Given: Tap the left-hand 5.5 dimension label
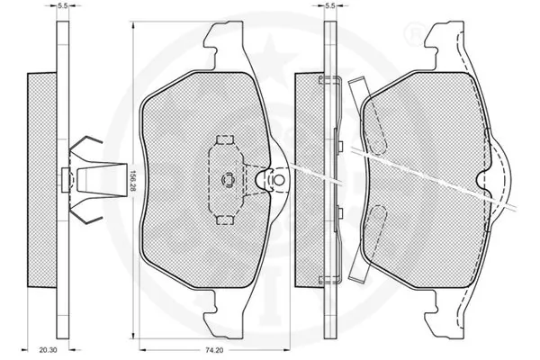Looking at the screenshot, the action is (62, 5).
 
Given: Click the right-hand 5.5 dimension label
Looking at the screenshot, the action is (330, 5).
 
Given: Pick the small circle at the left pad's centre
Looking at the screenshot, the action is (228, 179).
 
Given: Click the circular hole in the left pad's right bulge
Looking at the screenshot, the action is (278, 180).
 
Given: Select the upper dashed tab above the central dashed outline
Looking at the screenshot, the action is (225, 139).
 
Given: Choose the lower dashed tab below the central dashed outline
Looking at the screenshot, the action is (225, 220).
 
